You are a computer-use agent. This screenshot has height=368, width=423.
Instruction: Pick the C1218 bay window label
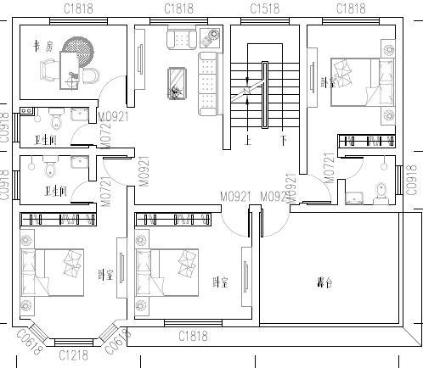pos(75,355)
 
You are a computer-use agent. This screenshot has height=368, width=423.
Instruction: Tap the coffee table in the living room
pos(177,82)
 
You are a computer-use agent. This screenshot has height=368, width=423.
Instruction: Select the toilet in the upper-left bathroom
pos(56,116)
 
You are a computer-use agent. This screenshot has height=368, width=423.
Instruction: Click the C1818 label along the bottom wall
pos(194,337)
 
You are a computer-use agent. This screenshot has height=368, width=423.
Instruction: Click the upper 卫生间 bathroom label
pos(45,140)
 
